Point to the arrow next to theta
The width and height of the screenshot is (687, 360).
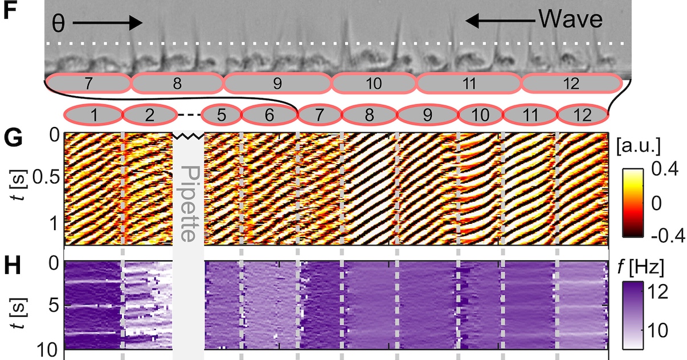point(107,23)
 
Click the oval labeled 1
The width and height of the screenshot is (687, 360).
point(93,116)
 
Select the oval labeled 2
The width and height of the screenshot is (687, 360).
point(149,116)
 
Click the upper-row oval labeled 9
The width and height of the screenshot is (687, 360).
point(277,84)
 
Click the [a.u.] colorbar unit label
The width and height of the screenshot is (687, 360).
point(639,146)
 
